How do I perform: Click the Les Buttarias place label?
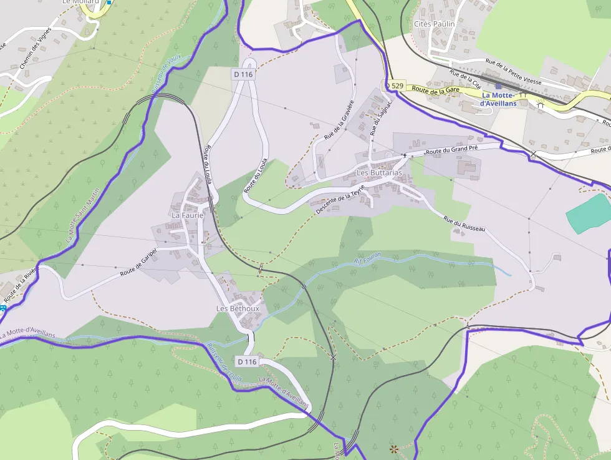click(x=379, y=172)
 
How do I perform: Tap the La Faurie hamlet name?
click(x=188, y=215)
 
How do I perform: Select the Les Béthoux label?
click(x=237, y=308)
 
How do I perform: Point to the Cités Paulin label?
click(x=435, y=24)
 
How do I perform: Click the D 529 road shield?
click(x=394, y=85)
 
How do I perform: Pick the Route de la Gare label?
click(x=436, y=90)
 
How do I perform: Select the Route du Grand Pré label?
click(x=451, y=150)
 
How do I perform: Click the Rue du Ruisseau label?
click(x=464, y=224)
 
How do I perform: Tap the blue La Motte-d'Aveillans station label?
click(x=499, y=99)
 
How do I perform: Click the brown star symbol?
click(x=393, y=448)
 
